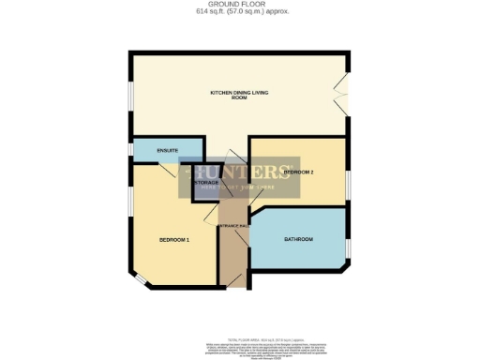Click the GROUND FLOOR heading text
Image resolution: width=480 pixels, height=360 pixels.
[239, 5]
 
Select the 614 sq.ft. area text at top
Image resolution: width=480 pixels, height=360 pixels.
[239, 12]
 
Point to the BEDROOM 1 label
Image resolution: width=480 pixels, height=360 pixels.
[174, 240]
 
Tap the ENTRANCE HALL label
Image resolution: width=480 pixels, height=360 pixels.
[232, 226]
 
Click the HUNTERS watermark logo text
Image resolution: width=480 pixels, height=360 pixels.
[240, 172]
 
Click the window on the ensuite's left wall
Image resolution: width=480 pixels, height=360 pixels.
[131, 150]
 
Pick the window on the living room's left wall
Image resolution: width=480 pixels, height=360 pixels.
[131, 98]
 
